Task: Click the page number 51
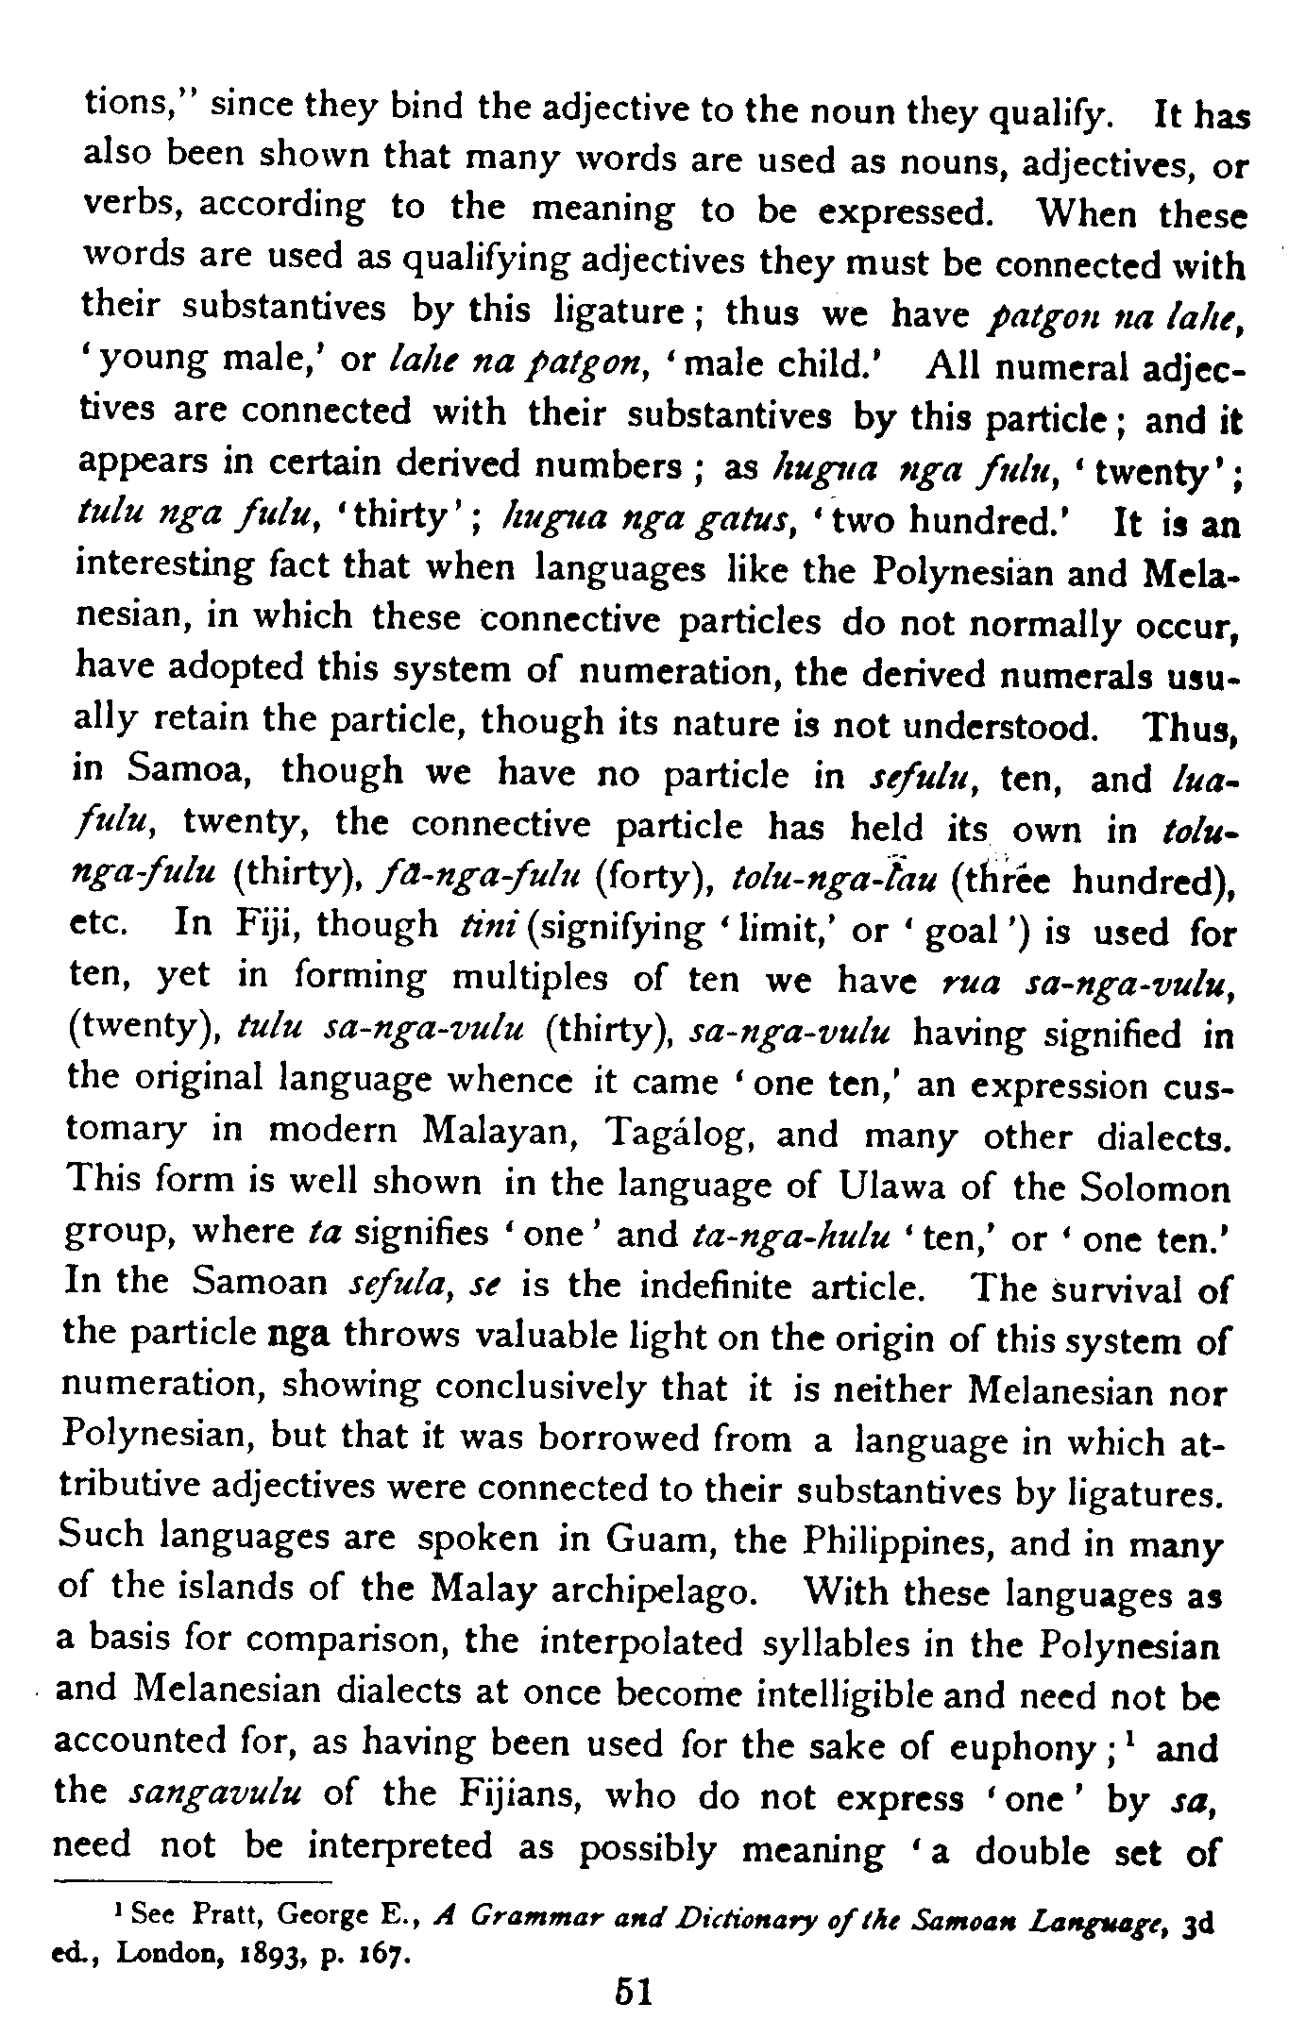click(x=628, y=1991)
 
